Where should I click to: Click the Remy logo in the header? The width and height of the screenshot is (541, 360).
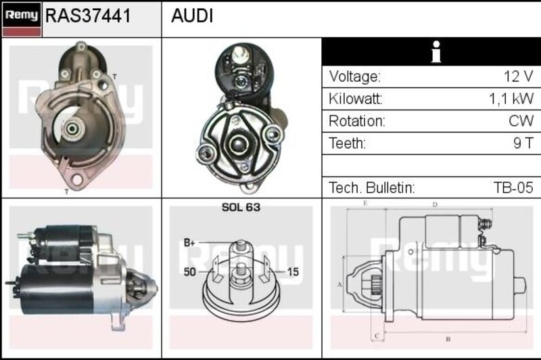point(22,20)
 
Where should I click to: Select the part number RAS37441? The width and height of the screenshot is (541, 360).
point(89,16)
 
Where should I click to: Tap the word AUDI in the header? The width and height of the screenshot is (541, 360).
point(192,16)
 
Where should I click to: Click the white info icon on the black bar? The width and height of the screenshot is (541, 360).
point(436,52)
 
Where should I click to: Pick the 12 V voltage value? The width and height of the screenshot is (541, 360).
point(518,76)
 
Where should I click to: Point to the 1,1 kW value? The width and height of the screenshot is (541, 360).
point(511,99)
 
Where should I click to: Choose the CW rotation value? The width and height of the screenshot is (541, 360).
point(521,121)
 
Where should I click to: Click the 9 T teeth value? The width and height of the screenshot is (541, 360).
point(523,143)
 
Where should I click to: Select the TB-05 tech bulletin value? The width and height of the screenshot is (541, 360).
point(513,187)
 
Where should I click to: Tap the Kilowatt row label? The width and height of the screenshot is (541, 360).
point(356,99)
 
